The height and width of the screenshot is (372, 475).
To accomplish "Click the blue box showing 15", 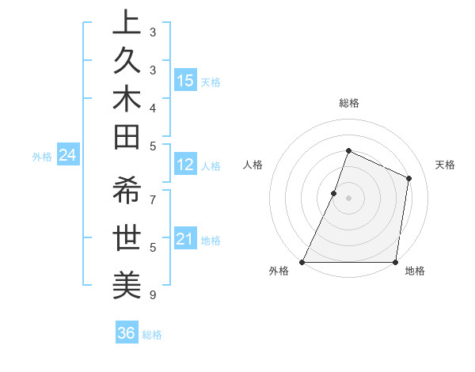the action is click(x=185, y=81).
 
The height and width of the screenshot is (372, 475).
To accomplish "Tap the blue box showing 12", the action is click(x=185, y=165).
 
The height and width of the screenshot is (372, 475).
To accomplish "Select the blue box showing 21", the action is click(x=185, y=239).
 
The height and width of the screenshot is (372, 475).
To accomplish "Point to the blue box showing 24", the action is click(x=68, y=155).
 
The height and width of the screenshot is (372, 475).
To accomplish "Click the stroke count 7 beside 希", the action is click(x=153, y=199).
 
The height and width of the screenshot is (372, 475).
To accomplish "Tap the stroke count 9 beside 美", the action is click(x=153, y=295).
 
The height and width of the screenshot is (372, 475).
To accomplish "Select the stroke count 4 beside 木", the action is click(x=153, y=107).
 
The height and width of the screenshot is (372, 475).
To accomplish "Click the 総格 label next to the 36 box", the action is click(x=152, y=335).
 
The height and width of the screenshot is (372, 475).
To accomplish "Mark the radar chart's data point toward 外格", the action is click(x=302, y=262).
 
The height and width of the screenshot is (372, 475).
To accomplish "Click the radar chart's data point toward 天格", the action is click(x=409, y=178).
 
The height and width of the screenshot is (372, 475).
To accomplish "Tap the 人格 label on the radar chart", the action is click(x=253, y=165).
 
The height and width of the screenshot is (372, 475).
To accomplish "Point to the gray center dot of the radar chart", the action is click(x=348, y=198).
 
